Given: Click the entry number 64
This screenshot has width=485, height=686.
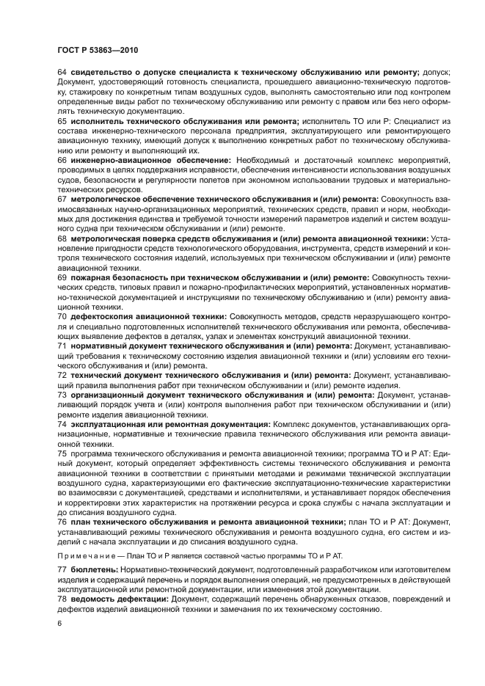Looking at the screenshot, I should tap(62, 72).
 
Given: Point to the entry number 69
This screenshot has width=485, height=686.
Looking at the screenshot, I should tap(62, 279).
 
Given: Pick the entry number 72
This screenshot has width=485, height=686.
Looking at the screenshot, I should tap(62, 375).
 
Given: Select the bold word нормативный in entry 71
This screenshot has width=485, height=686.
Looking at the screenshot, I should tap(98, 345).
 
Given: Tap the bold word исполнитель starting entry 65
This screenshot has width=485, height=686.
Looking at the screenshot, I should tap(98, 120).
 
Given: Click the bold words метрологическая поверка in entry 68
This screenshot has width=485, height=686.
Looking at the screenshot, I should tap(127, 239).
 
